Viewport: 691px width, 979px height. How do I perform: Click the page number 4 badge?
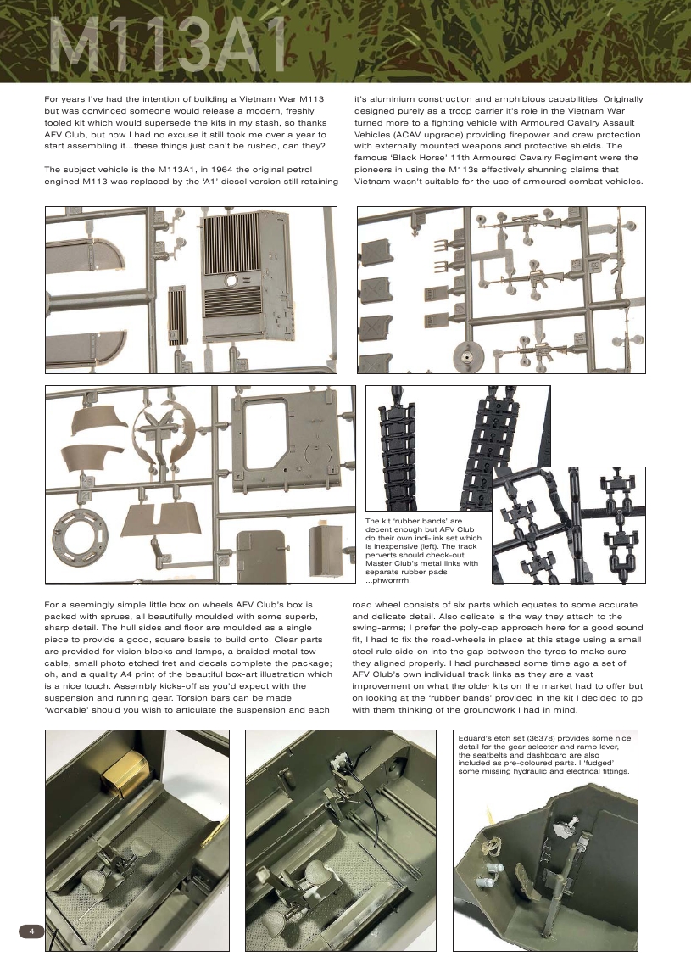pyautogui.click(x=31, y=931)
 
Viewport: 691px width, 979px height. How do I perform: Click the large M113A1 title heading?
pyautogui.click(x=166, y=48)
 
